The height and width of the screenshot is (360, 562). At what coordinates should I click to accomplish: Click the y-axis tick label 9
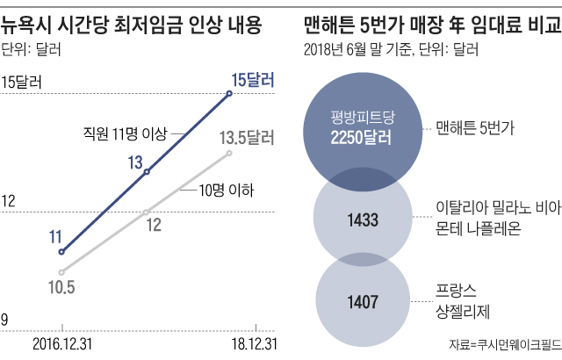coord(6,321)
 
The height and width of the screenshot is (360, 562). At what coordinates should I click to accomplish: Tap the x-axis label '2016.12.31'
coord(62,342)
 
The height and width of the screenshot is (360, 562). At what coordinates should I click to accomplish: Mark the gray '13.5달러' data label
coord(248,137)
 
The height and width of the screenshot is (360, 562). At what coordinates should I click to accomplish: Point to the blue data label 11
coord(54,235)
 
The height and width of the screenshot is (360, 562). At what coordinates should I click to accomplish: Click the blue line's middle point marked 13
coord(147,172)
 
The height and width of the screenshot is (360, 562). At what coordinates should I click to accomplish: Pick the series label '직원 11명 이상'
coord(119,133)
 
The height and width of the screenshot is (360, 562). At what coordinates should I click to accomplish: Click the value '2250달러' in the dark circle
coord(360,138)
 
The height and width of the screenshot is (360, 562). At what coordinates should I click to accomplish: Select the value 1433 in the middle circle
coord(361,219)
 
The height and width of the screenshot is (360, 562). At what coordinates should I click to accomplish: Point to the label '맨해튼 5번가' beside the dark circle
coord(474,127)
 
